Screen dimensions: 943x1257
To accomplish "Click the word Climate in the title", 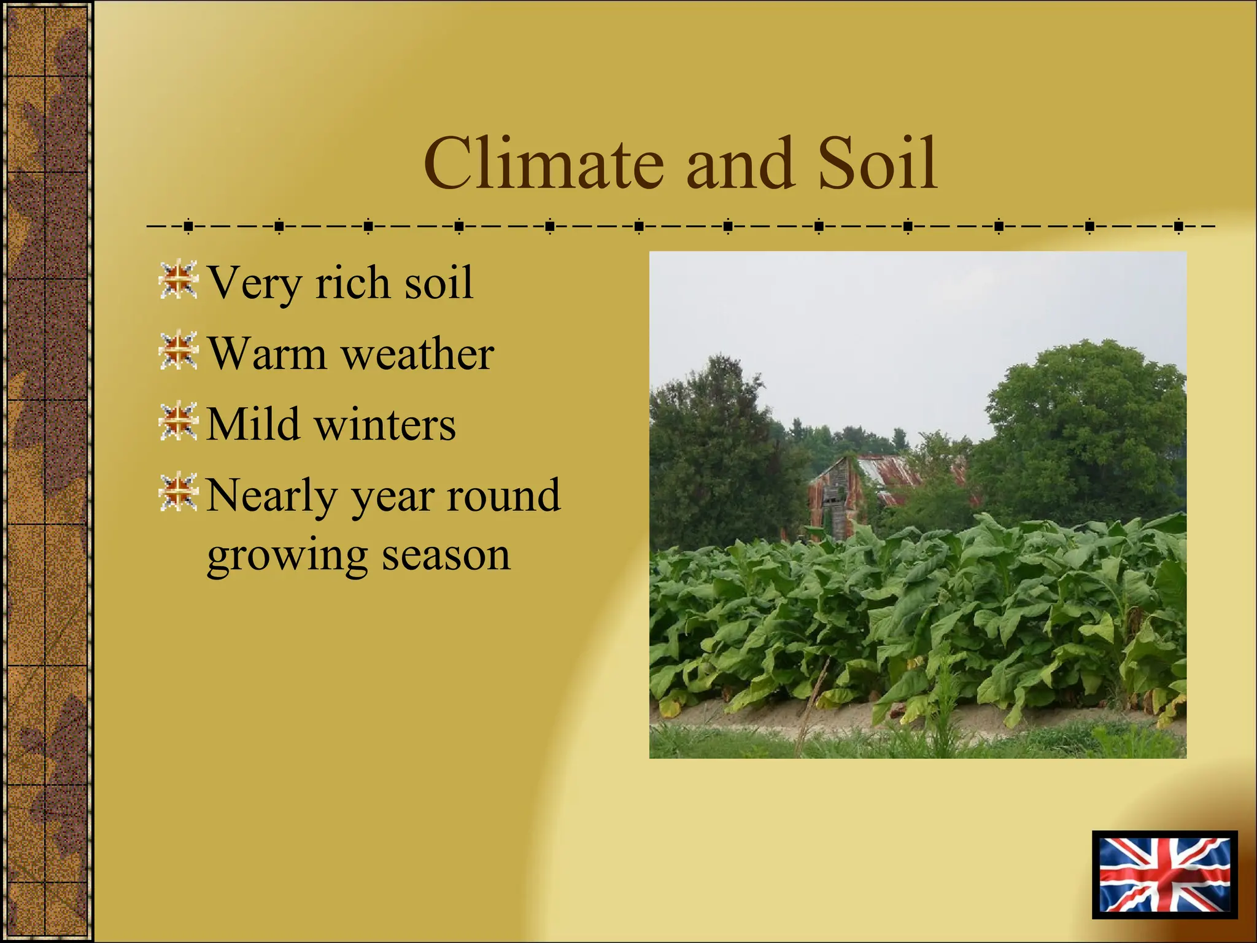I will click(543, 164).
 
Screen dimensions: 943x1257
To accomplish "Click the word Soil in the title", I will click(877, 164).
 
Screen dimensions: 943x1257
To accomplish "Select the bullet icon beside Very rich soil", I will click(178, 280).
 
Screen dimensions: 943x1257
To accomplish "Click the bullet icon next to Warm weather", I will click(178, 351).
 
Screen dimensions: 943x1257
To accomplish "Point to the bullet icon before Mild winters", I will click(178, 421).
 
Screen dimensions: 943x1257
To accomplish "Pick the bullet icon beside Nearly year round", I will click(178, 492).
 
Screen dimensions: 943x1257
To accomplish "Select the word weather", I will click(417, 354).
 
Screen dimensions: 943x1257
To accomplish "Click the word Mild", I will click(252, 424).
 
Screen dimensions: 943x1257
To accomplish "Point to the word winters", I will click(385, 424).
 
